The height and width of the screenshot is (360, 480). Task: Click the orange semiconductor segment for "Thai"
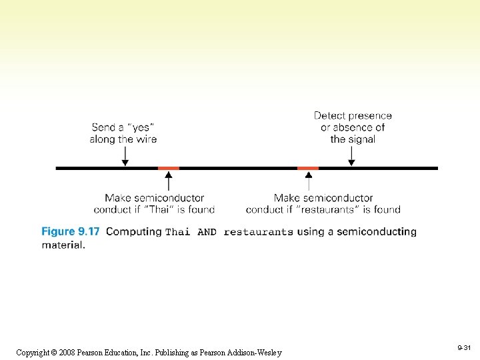[x=169, y=168]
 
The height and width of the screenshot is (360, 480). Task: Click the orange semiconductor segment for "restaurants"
[x=308, y=168]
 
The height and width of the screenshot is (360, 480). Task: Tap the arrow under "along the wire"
[x=125, y=156]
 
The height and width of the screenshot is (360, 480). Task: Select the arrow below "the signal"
[x=351, y=156]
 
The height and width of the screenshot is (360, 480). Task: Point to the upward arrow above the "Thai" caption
[x=169, y=181]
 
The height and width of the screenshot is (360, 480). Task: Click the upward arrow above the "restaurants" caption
[x=309, y=181]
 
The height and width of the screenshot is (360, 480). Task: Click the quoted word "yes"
[x=141, y=127]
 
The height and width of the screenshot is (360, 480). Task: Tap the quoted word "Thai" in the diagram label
[x=159, y=209]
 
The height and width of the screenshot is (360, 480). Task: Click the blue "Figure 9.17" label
[x=71, y=231]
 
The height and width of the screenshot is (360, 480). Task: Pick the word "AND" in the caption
[x=207, y=232]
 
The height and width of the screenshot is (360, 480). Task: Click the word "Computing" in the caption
[x=134, y=232]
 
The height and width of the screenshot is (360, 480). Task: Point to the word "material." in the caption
[x=63, y=245]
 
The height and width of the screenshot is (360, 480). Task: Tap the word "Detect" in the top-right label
[x=330, y=115]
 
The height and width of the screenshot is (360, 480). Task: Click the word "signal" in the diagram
[x=361, y=139]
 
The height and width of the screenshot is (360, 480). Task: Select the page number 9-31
[x=464, y=347]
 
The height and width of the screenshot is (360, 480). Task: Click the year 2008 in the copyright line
[x=67, y=353]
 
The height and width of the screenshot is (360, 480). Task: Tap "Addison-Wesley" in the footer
[x=255, y=353]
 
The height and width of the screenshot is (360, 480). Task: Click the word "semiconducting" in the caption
[x=377, y=232]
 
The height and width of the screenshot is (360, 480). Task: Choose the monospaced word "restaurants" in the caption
[x=259, y=232]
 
